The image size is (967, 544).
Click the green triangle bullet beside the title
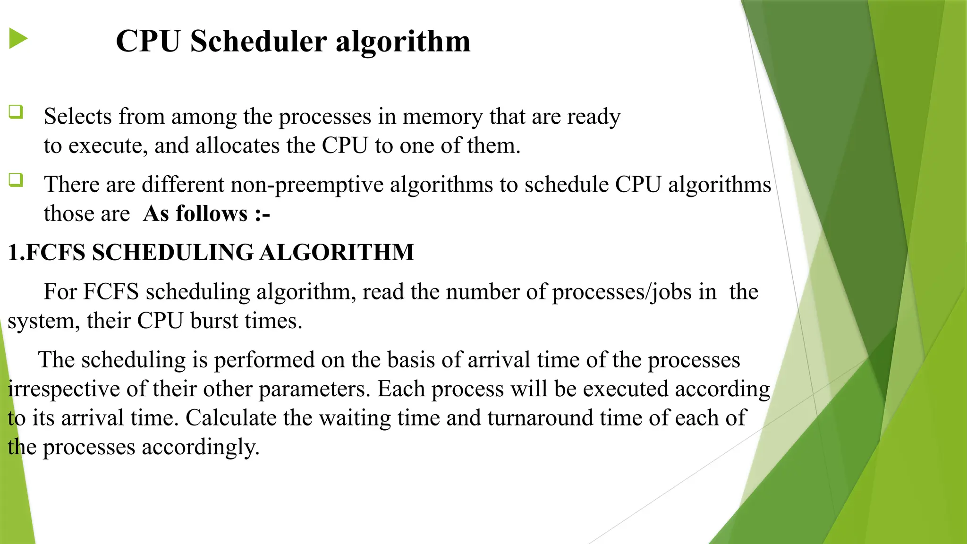coord(18,39)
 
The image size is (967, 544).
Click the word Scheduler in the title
coord(258,41)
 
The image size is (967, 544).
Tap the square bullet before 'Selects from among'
coord(16,112)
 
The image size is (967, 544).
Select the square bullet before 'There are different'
coord(16,180)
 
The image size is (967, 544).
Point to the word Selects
coord(78,116)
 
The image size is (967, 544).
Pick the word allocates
coord(238,145)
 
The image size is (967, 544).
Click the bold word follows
coord(212,213)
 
